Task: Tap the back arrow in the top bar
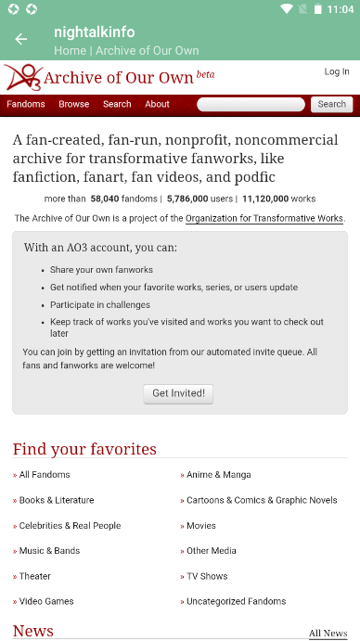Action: pos(21,39)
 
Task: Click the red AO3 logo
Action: pos(22,77)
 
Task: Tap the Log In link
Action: pos(337,71)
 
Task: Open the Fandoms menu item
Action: pos(26,104)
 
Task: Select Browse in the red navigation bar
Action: pos(74,104)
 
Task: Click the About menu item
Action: pos(157,104)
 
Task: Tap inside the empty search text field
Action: pos(251,104)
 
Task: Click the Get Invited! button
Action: pos(180,393)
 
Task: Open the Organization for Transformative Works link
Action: pos(264,219)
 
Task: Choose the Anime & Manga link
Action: pos(219,475)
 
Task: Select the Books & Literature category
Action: pos(57,500)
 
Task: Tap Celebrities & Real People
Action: pos(70,525)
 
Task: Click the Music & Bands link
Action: pos(49,550)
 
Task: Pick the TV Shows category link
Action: pos(207,576)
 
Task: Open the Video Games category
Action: pos(46,601)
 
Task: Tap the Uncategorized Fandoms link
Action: pos(236,601)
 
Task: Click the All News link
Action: pos(328,634)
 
